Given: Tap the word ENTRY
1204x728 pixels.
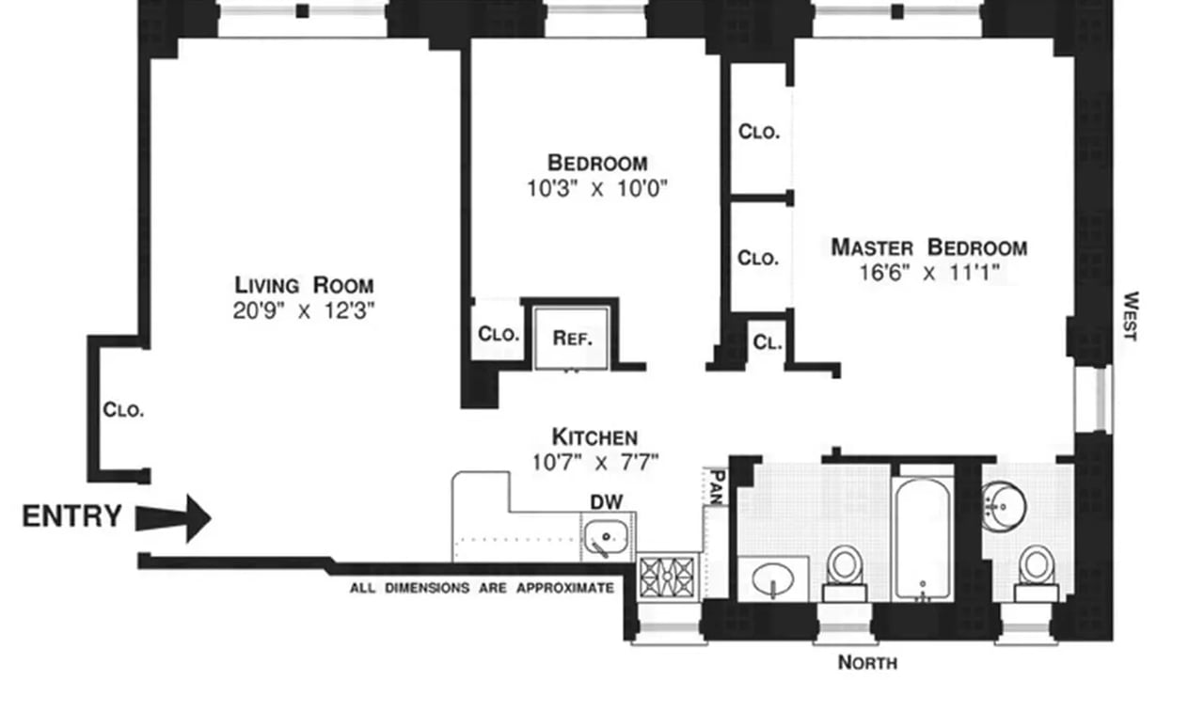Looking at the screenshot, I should point(71,516).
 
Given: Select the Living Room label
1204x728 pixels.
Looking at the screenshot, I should point(304,285).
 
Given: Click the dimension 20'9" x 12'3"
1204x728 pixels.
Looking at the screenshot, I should point(304,310).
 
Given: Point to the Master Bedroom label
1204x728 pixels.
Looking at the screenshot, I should point(928,248).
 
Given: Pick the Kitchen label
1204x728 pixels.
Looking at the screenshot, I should point(594,437).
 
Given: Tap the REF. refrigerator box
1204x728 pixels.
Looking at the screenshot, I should point(571,338).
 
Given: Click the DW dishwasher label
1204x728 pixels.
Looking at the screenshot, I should point(606,502).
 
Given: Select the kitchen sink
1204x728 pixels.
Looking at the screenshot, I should point(607,538).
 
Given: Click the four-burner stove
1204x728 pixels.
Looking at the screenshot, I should point(667,577).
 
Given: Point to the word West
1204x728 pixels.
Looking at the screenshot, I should point(1131,316).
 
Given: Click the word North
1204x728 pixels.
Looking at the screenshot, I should point(867,663).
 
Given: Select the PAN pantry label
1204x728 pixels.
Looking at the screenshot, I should point(716,487).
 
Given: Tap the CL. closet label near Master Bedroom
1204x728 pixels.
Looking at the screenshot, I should point(767,343).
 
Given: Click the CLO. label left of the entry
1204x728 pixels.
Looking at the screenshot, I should point(123,410).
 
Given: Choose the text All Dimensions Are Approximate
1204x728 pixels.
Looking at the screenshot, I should point(482,589).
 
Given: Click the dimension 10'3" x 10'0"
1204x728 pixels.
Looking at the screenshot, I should point(596,188).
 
